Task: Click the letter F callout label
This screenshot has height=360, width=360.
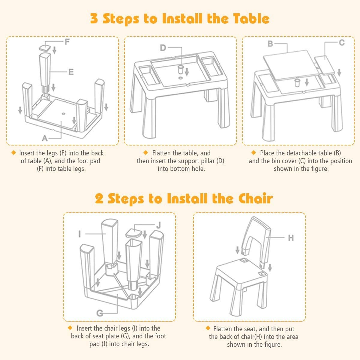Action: point(67,42)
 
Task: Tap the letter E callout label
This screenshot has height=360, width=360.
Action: point(71,72)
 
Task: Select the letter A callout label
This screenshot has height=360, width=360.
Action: point(45,138)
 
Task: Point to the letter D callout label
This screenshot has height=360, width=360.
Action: point(163,48)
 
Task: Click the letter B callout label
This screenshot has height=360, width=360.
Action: point(270,44)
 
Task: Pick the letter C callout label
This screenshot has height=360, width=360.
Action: point(342,43)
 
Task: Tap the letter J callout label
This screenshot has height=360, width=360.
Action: point(158,225)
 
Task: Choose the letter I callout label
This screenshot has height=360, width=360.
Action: point(79,234)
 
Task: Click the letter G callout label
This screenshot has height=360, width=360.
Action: point(100,313)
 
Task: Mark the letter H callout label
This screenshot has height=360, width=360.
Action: point(291,238)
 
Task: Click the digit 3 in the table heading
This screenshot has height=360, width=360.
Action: point(94,19)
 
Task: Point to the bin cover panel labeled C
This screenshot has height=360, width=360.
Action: point(324,65)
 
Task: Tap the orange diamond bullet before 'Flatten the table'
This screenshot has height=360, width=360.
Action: point(146,153)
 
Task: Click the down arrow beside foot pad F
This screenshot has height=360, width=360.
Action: point(54,50)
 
